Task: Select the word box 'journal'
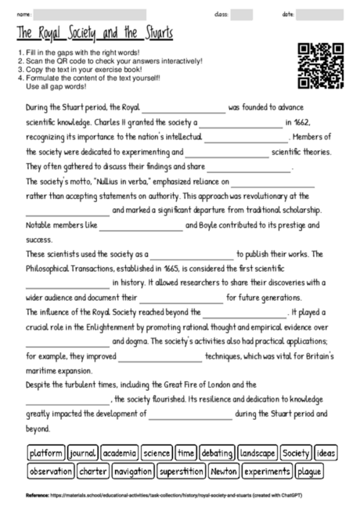81,453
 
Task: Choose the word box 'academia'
119,453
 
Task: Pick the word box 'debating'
216,453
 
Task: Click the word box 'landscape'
257,453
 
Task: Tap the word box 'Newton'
224,471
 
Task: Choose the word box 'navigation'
132,471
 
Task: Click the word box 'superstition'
181,471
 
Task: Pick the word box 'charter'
93,471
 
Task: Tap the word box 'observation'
50,471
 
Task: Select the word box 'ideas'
326,453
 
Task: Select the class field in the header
242,14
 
